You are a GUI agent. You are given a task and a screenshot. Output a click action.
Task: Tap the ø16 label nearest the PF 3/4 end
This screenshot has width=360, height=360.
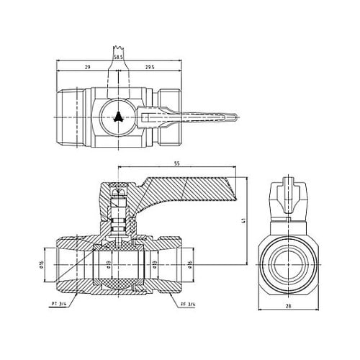click(189, 263)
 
